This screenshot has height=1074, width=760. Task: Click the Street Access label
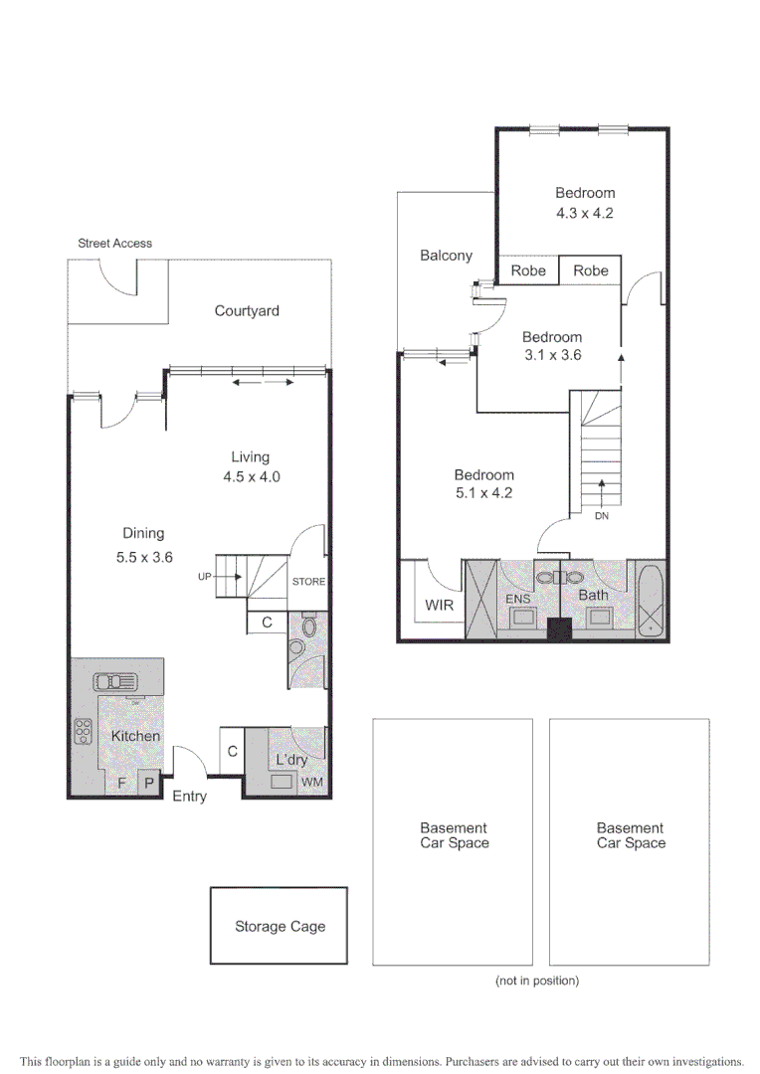(114, 243)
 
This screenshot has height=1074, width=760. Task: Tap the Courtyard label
(247, 311)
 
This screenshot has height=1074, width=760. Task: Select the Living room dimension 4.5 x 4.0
(251, 476)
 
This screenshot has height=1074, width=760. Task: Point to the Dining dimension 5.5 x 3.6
(144, 557)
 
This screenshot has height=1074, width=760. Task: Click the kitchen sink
(117, 682)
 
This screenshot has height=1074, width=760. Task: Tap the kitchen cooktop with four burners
(83, 732)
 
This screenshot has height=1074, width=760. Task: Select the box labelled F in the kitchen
(122, 783)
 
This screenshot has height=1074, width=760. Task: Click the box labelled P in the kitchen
(149, 783)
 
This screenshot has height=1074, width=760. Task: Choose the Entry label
(189, 797)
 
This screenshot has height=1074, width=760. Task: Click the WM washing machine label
(311, 783)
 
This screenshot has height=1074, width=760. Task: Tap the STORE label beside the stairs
(308, 582)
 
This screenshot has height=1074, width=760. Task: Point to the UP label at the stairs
(205, 576)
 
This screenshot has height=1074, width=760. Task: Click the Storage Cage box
(280, 926)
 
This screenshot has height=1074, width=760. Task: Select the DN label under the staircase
(601, 517)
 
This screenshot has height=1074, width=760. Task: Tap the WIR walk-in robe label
(439, 604)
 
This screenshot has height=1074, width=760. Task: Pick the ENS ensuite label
(517, 599)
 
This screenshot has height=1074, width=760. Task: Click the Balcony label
(446, 256)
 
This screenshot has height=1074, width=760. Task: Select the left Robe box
(528, 270)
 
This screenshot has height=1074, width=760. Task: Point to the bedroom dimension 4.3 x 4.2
(585, 213)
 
